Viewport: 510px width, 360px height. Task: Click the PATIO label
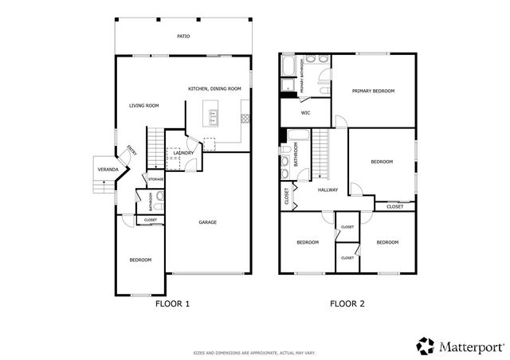(x=183, y=37)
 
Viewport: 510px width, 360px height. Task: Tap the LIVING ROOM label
(x=145, y=105)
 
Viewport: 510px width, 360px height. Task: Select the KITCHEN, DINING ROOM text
(x=214, y=88)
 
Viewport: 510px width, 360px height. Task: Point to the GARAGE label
(x=207, y=222)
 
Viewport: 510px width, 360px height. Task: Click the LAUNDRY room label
(x=184, y=153)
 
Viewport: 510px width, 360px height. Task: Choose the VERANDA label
(x=108, y=170)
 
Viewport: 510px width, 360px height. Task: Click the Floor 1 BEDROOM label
(x=141, y=260)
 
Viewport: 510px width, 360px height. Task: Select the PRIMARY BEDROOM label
(x=374, y=92)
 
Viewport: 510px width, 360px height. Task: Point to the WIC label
(x=305, y=113)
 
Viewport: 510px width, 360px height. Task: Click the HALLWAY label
(x=328, y=190)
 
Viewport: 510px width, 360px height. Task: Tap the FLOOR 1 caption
(x=171, y=303)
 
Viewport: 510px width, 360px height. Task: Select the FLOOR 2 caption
(x=347, y=303)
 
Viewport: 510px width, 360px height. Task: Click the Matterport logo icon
(x=426, y=346)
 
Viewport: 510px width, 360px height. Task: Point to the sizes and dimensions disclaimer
(x=254, y=352)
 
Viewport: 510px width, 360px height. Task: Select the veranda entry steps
(x=101, y=185)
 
